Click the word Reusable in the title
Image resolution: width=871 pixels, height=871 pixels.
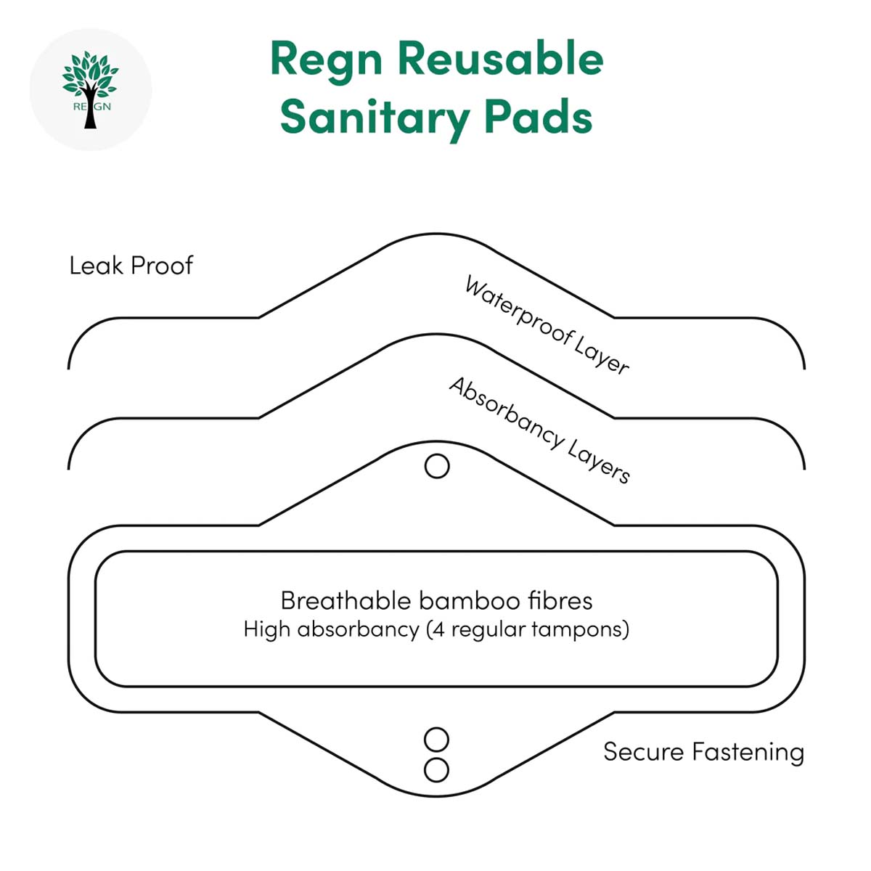(x=501, y=60)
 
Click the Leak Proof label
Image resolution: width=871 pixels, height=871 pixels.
(x=131, y=266)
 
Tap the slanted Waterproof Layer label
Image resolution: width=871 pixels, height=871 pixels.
(x=547, y=324)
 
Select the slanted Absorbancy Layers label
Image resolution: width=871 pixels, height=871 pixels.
(x=539, y=430)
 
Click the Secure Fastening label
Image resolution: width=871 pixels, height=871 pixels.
(x=704, y=752)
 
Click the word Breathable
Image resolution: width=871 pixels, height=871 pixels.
(x=345, y=601)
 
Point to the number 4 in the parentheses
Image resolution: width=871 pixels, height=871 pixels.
(x=438, y=629)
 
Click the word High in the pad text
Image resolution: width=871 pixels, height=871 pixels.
(x=266, y=629)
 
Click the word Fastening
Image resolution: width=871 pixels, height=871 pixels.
(x=748, y=752)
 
